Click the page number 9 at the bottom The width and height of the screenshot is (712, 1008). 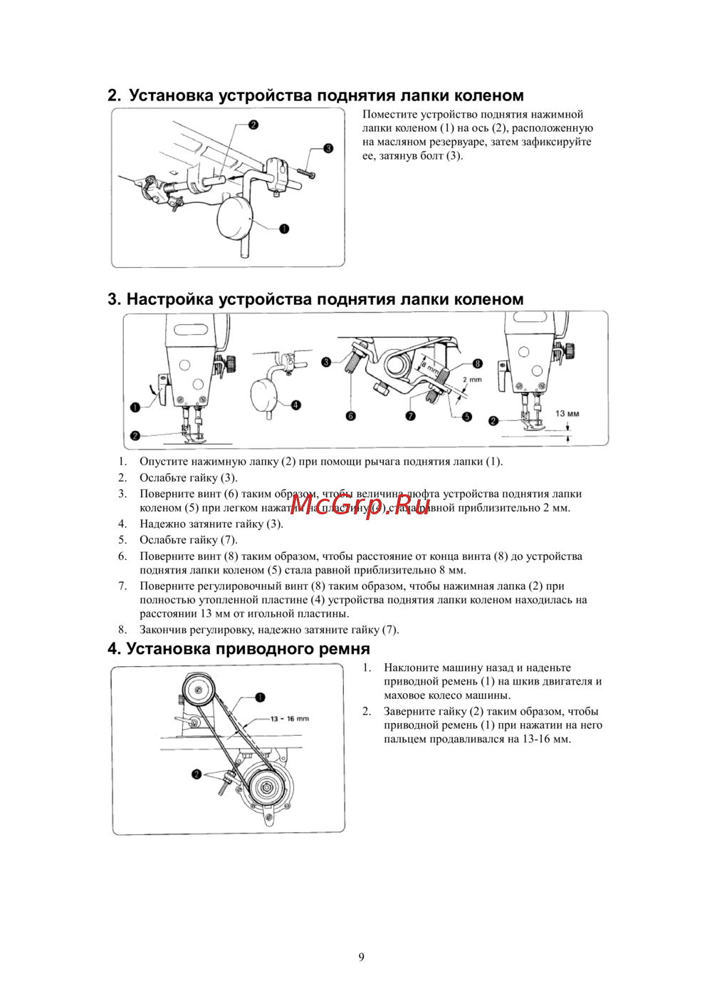361,957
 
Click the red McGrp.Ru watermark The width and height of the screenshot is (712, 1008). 360,505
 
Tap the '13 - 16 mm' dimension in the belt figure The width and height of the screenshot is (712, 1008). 290,719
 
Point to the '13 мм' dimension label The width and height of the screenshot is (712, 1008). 567,413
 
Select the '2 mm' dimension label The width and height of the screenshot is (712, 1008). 472,380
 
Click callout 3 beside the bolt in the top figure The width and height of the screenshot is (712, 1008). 328,148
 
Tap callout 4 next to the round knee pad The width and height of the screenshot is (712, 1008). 296,405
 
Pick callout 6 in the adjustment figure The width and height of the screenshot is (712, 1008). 350,416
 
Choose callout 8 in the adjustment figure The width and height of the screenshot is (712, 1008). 477,364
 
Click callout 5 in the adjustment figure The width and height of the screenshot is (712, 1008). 466,417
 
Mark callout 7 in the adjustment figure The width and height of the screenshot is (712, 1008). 410,416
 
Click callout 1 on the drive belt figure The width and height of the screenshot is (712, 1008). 260,697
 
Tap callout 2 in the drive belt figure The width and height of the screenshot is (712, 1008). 197,774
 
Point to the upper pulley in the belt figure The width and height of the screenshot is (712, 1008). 198,689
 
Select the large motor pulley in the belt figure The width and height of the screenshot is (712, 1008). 266,789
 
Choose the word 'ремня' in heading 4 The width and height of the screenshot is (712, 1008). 345,649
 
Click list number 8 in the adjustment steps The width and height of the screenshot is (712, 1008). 122,630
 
